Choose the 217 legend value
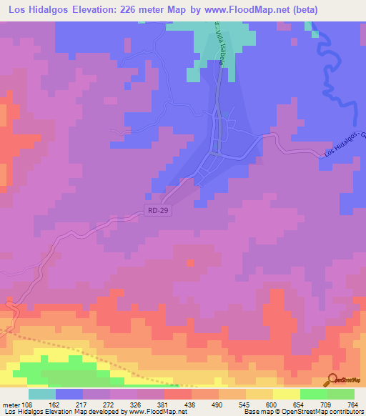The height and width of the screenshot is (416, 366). click(x=91, y=404)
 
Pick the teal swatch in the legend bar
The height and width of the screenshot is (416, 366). click(x=41, y=394)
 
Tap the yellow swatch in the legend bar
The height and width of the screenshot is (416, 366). click(x=286, y=394)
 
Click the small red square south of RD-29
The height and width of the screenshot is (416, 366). click(x=190, y=263)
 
